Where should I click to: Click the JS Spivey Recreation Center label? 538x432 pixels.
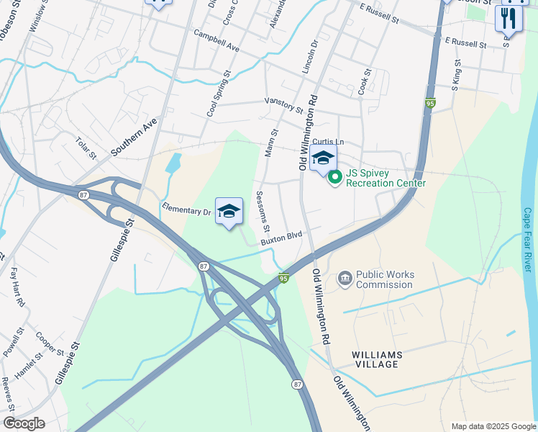tap(386, 178)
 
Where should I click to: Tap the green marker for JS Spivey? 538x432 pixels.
tap(334, 176)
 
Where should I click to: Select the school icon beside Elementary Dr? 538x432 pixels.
tap(229, 211)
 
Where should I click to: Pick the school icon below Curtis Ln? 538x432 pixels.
tap(323, 158)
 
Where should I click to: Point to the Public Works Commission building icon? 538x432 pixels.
tap(345, 278)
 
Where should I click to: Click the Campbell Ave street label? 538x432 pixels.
tap(216, 41)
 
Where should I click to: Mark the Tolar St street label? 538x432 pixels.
tap(86, 146)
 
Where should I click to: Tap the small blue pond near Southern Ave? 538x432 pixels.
tap(173, 163)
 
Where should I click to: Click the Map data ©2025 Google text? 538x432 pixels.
tap(493, 426)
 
